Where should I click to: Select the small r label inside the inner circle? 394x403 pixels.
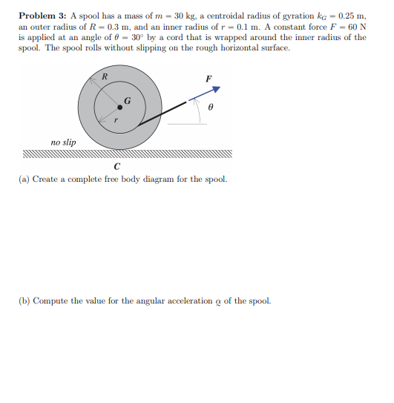[x=116, y=120]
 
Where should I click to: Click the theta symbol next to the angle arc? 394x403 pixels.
[x=211, y=108]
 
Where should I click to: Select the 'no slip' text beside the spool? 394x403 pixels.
[x=62, y=141]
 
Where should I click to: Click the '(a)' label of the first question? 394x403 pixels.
[x=25, y=180]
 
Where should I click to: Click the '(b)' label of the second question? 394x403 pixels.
[x=25, y=301]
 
